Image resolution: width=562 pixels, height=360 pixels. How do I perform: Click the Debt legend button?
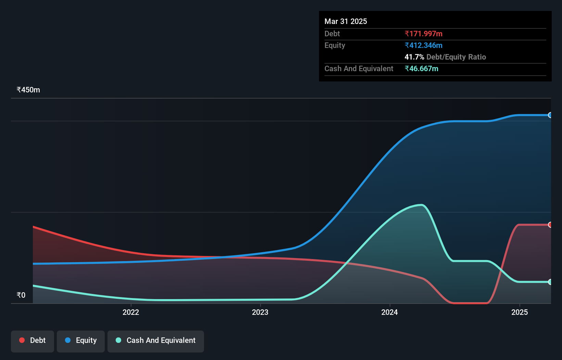tap(33, 340)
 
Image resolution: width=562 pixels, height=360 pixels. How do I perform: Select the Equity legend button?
tap(81, 340)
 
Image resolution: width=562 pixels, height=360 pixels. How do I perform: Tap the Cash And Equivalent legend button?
tap(156, 340)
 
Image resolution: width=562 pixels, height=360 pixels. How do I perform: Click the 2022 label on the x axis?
tap(131, 312)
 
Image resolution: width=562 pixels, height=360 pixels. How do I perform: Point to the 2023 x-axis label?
tap(260, 312)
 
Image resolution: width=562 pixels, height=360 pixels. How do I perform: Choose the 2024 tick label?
tap(389, 312)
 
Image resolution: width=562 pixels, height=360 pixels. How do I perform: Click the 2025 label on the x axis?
tap(519, 312)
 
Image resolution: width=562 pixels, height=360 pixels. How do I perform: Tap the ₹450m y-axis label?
tap(28, 90)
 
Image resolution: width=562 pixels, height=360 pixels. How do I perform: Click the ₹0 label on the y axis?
tap(21, 295)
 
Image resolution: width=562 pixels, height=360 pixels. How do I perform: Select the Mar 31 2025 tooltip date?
tap(346, 22)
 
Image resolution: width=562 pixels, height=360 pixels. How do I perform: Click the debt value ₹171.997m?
tap(423, 34)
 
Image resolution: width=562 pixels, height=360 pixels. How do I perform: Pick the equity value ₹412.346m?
tap(423, 46)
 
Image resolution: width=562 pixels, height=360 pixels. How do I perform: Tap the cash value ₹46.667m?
tap(421, 69)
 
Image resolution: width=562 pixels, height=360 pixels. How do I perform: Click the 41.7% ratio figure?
tap(414, 57)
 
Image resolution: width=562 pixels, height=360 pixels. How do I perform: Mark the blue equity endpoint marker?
tap(550, 115)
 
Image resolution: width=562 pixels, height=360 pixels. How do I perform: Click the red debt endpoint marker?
tap(550, 225)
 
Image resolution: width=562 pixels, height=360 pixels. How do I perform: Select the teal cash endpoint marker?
tap(550, 282)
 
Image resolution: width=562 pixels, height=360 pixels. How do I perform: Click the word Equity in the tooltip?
tap(335, 46)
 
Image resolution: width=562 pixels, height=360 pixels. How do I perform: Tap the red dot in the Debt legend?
tap(22, 340)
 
